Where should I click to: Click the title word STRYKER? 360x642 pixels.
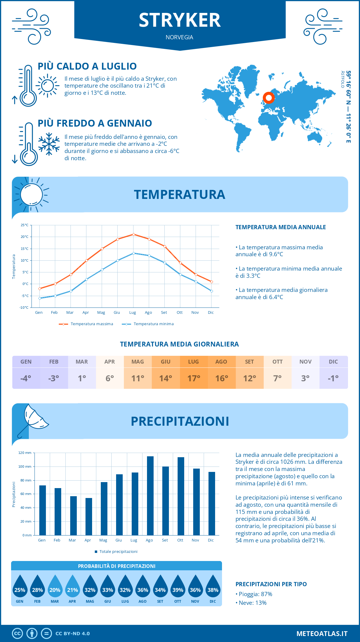[180, 20]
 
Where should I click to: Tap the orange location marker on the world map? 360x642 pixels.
[268, 98]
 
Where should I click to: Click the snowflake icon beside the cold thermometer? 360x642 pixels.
[49, 144]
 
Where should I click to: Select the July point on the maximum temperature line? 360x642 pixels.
[133, 234]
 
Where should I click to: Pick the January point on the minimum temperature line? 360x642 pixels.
[40, 298]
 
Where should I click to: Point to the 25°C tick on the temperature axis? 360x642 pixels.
[25, 225]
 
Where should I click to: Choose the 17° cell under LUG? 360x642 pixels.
[193, 378]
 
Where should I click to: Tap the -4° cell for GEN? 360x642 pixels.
[26, 378]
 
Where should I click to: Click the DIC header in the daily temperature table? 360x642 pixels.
[333, 362]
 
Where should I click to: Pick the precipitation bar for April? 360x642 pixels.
[88, 517]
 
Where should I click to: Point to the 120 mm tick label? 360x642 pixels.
[25, 453]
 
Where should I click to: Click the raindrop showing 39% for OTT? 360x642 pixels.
[178, 586]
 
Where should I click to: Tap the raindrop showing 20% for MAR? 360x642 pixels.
[55, 586]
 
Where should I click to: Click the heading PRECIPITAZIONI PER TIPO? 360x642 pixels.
[271, 584]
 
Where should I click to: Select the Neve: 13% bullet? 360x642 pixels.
[252, 603]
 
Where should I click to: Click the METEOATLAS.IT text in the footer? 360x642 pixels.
[322, 634]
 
